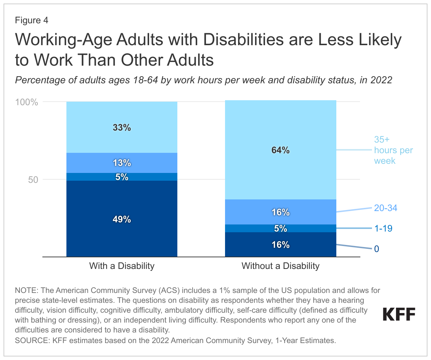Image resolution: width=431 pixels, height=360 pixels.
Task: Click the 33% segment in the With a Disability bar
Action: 122,127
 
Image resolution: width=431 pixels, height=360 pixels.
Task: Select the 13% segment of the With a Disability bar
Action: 122,163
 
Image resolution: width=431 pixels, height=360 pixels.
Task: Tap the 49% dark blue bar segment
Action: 122,219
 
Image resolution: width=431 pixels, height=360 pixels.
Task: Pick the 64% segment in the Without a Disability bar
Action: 281,150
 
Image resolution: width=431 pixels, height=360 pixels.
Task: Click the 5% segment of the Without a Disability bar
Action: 281,228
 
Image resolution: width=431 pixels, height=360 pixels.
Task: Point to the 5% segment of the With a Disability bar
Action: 122,177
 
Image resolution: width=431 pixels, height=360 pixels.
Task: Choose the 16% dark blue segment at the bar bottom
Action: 281,245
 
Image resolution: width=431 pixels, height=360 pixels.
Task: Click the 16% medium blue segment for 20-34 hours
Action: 281,212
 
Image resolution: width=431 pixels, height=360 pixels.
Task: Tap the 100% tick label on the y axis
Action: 26,102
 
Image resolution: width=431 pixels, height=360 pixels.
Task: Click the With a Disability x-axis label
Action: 122,266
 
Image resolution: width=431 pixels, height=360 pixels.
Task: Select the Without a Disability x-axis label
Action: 281,266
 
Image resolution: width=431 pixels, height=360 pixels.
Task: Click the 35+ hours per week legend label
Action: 393,150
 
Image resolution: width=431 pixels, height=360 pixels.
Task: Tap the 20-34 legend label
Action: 386,208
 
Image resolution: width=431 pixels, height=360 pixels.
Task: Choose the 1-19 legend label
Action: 383,228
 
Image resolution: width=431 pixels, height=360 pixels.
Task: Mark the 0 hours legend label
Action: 377,249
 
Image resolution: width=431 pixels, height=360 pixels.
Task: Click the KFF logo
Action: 399,314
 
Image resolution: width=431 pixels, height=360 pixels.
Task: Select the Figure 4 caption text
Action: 31,20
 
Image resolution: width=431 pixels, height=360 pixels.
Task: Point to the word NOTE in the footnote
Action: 26,290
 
